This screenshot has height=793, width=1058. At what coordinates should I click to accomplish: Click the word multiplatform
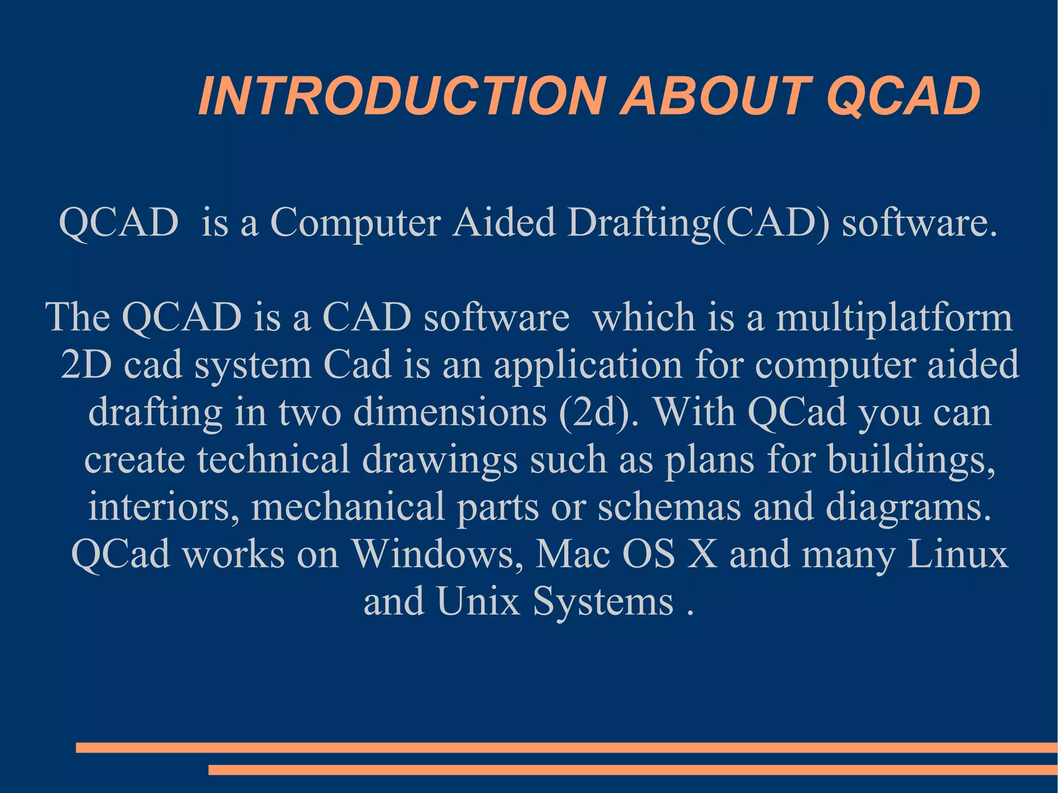click(x=894, y=317)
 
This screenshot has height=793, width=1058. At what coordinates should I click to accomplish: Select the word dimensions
click(x=450, y=412)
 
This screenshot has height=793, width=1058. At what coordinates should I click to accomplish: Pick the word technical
click(x=274, y=459)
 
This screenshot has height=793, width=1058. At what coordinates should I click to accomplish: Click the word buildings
click(x=911, y=459)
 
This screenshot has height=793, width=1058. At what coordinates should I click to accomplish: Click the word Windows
click(x=437, y=554)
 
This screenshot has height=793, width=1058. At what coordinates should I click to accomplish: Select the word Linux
click(x=958, y=554)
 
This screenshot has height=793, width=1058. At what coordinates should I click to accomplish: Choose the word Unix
click(x=478, y=601)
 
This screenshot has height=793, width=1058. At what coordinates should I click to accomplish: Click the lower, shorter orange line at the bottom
click(x=633, y=770)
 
